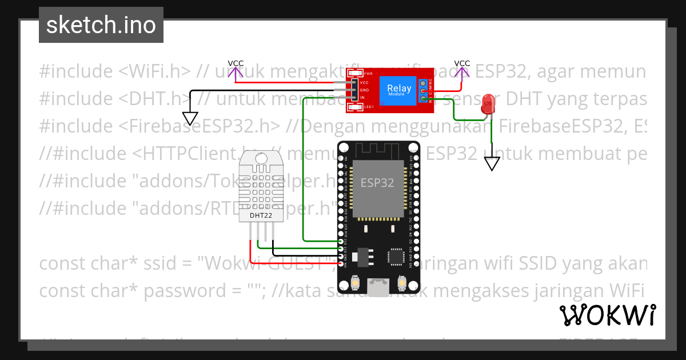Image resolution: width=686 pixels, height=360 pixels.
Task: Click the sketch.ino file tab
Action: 101,25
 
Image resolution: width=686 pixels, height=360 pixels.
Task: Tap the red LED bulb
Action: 488,105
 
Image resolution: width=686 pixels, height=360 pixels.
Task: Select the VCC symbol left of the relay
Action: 236,70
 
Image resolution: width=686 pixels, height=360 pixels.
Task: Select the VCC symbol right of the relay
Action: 462,70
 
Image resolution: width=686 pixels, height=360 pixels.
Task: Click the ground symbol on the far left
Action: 190,118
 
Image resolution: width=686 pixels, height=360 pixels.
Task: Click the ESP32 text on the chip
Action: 377,183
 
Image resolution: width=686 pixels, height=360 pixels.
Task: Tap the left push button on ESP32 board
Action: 356,282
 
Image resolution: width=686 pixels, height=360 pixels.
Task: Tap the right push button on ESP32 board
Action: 401,282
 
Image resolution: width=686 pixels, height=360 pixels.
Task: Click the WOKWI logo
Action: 607,315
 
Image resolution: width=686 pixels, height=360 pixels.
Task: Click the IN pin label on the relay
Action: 362,98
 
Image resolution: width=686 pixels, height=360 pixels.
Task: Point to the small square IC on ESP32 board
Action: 395,257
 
